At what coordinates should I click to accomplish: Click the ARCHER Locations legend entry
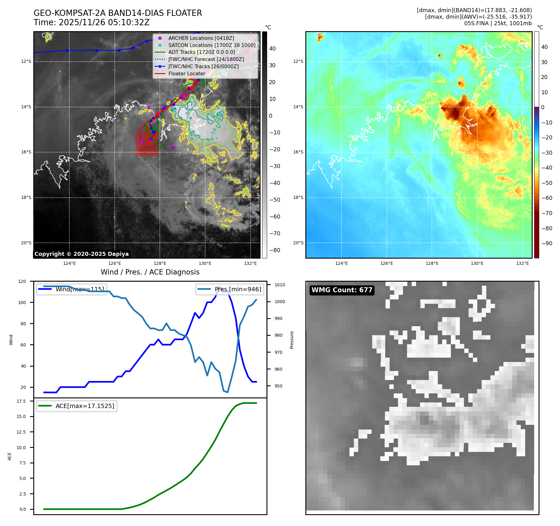click(x=201, y=38)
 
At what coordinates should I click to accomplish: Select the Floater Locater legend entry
click(x=187, y=73)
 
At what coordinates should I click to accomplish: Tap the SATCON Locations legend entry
click(x=211, y=45)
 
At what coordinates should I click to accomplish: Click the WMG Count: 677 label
click(x=342, y=290)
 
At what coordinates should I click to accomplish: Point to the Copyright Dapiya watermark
click(x=81, y=254)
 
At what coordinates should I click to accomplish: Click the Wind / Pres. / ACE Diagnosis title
click(x=150, y=272)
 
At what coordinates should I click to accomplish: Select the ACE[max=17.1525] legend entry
click(x=85, y=406)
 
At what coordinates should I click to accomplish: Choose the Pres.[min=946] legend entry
click(x=238, y=289)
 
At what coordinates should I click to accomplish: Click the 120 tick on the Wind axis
click(x=22, y=281)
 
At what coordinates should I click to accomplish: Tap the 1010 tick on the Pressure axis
click(x=280, y=285)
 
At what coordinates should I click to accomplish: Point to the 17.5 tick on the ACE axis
click(x=21, y=401)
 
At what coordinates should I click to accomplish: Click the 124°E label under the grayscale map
click(x=69, y=264)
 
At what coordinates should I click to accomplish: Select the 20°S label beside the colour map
click(x=298, y=243)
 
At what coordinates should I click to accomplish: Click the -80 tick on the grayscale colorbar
click(x=275, y=250)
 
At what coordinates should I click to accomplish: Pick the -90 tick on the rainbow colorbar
click(x=547, y=243)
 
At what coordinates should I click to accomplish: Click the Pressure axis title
click(x=292, y=340)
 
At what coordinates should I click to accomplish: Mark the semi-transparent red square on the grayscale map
click(x=146, y=145)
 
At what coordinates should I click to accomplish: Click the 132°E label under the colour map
click(x=522, y=264)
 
